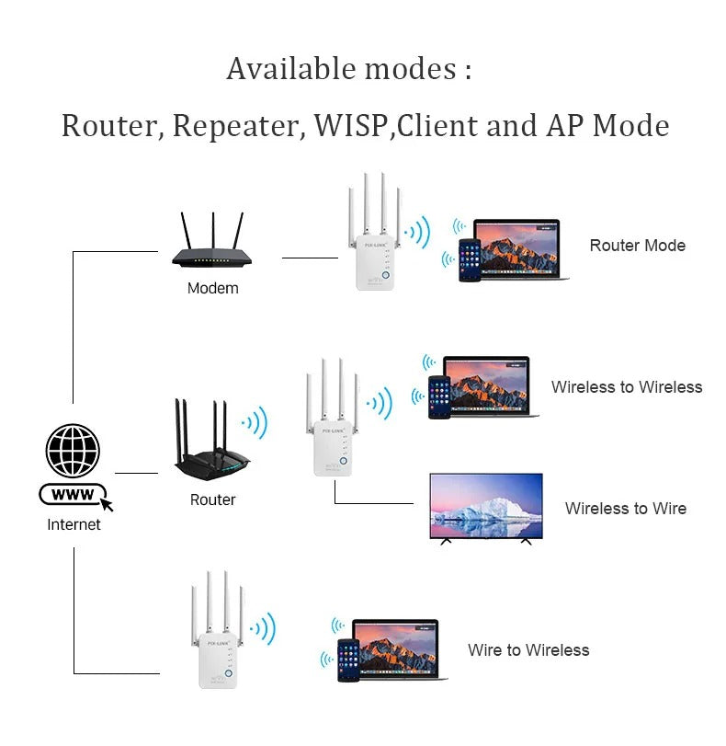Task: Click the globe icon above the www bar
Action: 73,451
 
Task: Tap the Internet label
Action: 74,524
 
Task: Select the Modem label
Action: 212,288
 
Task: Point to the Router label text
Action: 212,499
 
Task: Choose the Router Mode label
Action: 637,246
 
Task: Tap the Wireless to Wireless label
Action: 626,387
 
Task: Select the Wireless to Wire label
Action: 625,509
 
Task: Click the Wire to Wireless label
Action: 527,650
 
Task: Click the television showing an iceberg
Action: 486,508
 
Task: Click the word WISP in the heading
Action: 350,125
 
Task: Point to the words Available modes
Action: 349,69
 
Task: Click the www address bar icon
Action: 74,495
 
